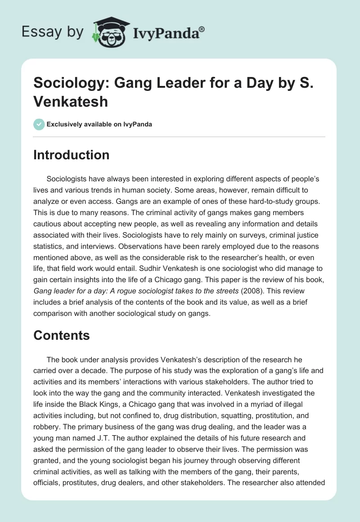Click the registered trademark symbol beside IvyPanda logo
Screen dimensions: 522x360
coord(202,29)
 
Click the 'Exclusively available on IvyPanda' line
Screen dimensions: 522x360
coord(99,124)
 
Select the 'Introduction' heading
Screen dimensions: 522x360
coord(72,155)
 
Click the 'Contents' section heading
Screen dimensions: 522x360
coord(62,335)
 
